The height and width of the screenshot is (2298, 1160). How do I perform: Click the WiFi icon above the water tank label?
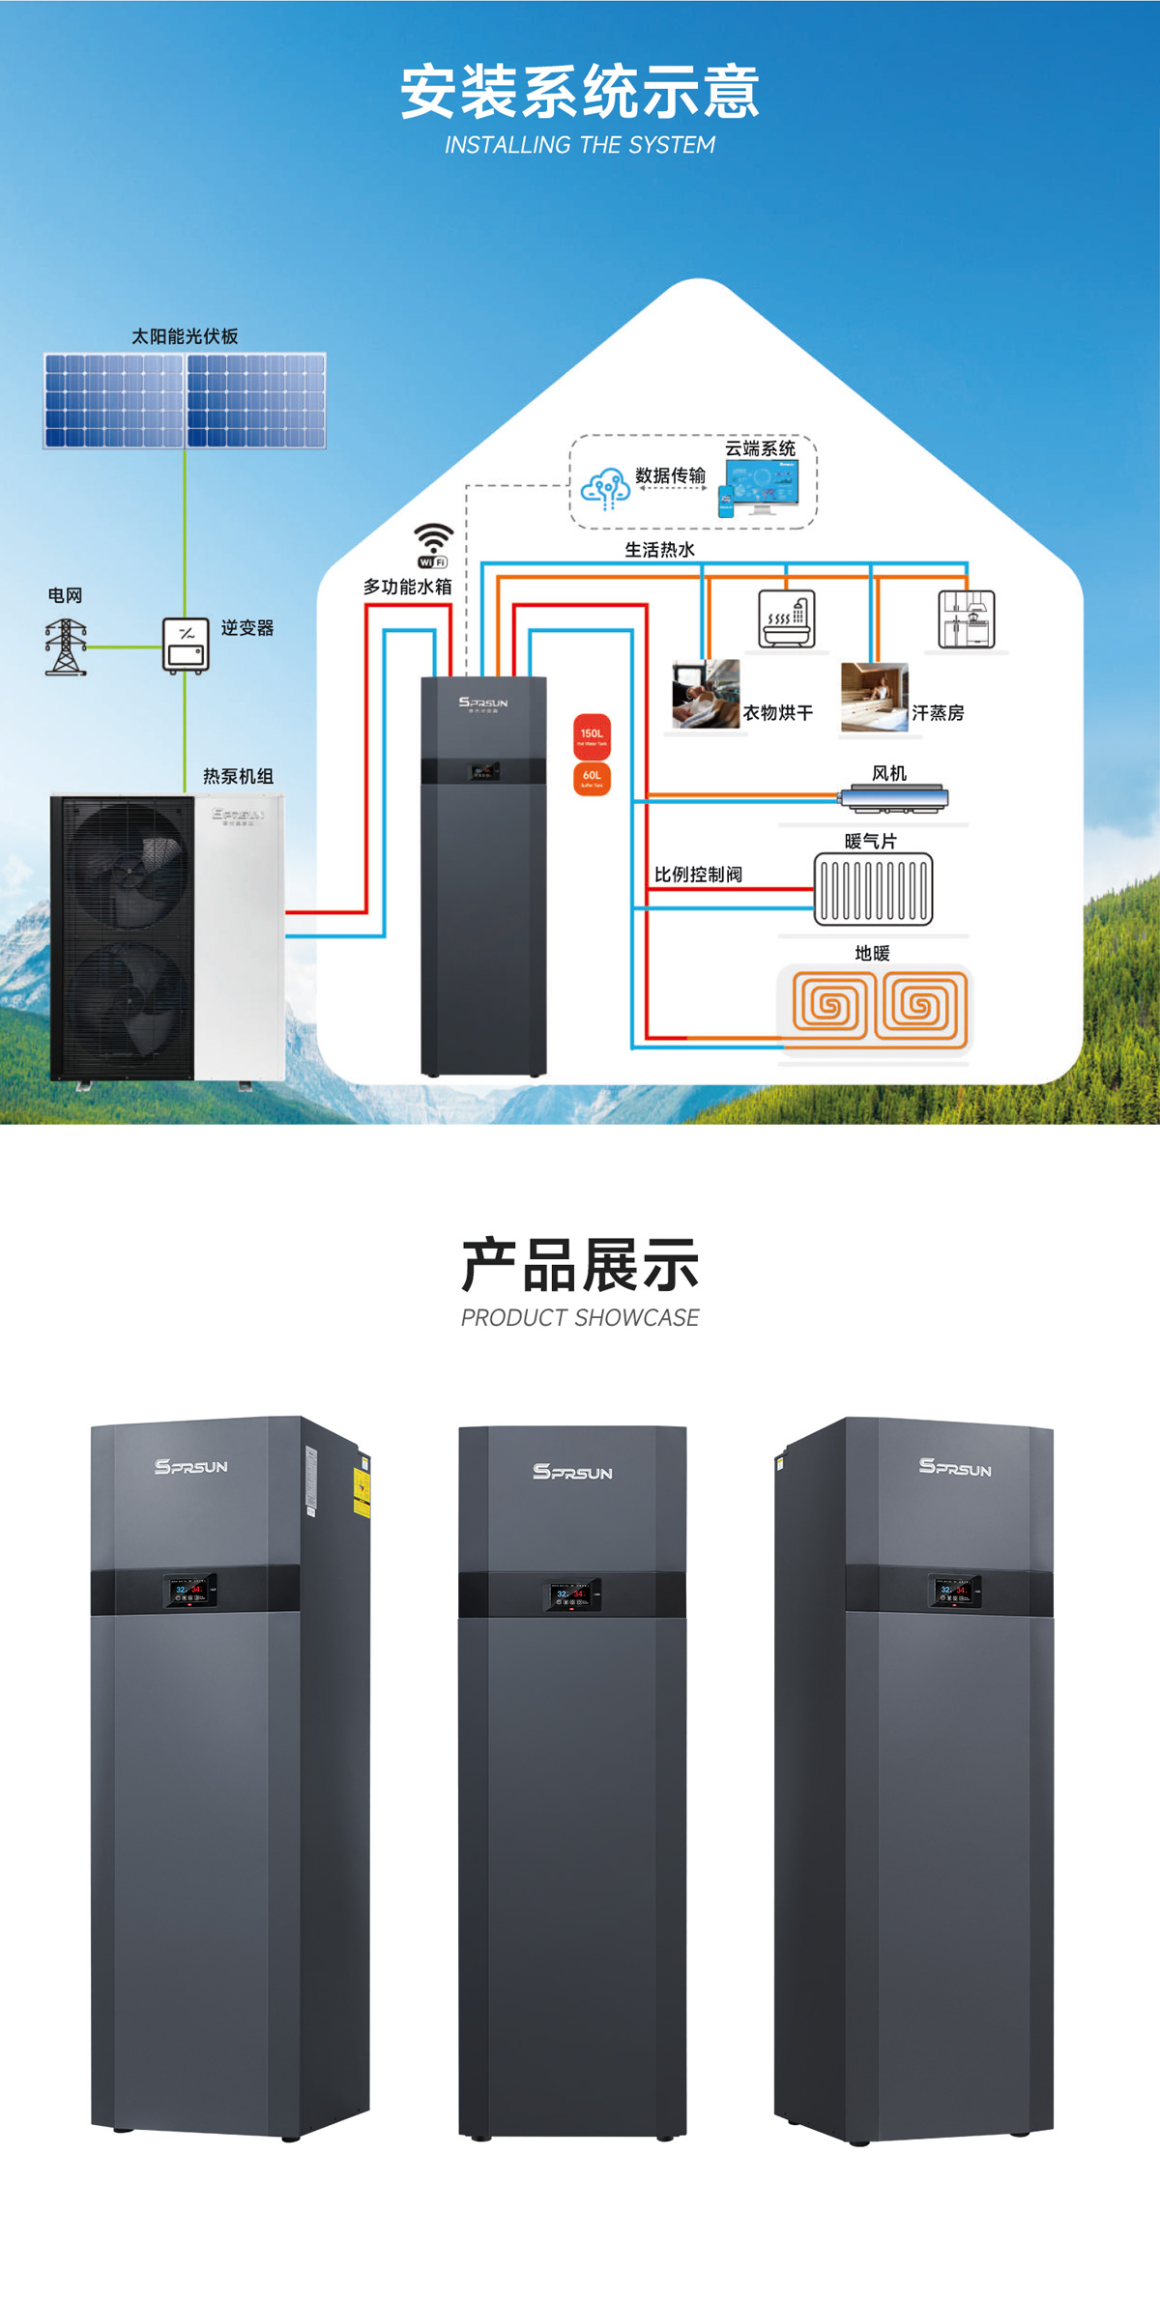(433, 545)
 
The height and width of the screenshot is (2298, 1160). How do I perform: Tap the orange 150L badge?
(592, 736)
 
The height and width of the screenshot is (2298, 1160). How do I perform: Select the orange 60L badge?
(592, 778)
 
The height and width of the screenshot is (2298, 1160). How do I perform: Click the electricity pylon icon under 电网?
(66, 646)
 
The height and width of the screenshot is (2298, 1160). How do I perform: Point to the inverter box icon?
(186, 645)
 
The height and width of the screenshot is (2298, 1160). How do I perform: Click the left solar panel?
(113, 400)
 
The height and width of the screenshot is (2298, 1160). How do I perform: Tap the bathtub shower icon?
(787, 618)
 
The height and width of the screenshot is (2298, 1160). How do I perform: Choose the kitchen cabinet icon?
(966, 618)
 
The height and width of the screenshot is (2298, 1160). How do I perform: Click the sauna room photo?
(874, 696)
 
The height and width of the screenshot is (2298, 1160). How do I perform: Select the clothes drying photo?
(706, 693)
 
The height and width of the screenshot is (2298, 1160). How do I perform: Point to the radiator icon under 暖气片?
(873, 889)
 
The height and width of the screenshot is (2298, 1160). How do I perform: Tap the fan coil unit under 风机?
(893, 798)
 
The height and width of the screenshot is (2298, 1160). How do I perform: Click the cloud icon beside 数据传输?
(605, 488)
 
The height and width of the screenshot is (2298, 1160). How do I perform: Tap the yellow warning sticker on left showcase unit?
(362, 1487)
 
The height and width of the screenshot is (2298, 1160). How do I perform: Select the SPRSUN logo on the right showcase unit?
(955, 1467)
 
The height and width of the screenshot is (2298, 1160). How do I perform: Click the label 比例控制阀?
(698, 875)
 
